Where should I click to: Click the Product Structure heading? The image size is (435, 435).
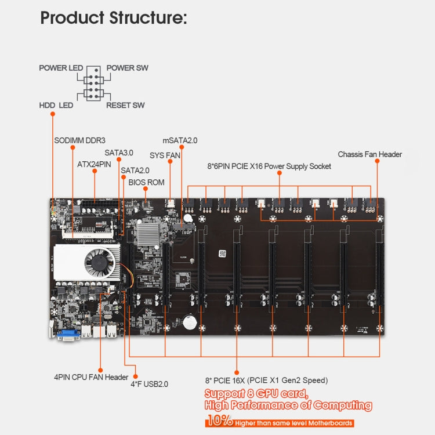tap(113, 17)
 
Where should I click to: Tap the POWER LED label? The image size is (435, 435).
tap(61, 68)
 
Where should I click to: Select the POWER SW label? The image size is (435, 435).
tap(127, 68)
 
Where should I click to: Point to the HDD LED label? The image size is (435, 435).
tap(56, 106)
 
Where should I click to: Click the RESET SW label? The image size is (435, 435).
tap(125, 106)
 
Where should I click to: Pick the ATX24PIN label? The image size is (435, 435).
tap(94, 164)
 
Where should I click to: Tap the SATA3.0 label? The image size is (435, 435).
tap(119, 153)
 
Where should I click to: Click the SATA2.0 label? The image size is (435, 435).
tap(135, 171)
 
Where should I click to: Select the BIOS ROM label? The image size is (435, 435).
tap(146, 182)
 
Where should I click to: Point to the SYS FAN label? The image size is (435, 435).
tap(165, 155)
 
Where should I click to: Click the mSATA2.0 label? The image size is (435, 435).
tap(180, 140)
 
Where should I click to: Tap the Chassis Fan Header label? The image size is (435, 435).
tap(369, 154)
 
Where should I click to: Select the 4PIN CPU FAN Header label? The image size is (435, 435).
tap(91, 377)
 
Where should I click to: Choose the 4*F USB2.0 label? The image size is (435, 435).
tap(150, 383)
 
